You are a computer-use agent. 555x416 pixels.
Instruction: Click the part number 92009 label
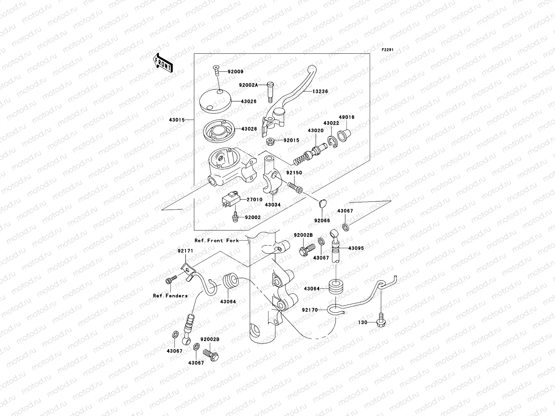point(236,72)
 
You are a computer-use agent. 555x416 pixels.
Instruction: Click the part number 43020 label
point(315,131)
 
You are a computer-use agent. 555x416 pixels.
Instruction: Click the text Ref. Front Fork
point(217,240)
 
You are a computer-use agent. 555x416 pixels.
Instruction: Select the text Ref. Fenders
point(170,296)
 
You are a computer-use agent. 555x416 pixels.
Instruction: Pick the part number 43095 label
point(356,248)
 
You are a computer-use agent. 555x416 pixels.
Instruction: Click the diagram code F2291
point(388,50)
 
